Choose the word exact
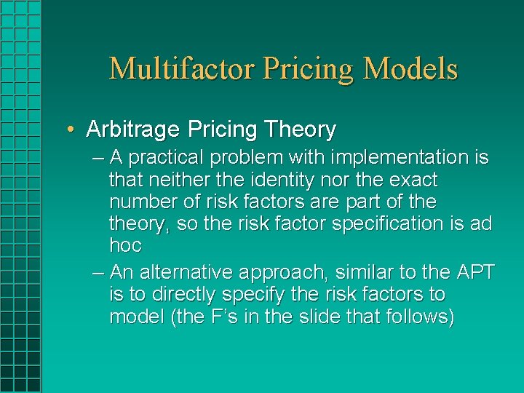click(413, 179)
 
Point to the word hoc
click(125, 245)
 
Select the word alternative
click(186, 273)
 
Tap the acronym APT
click(475, 273)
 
